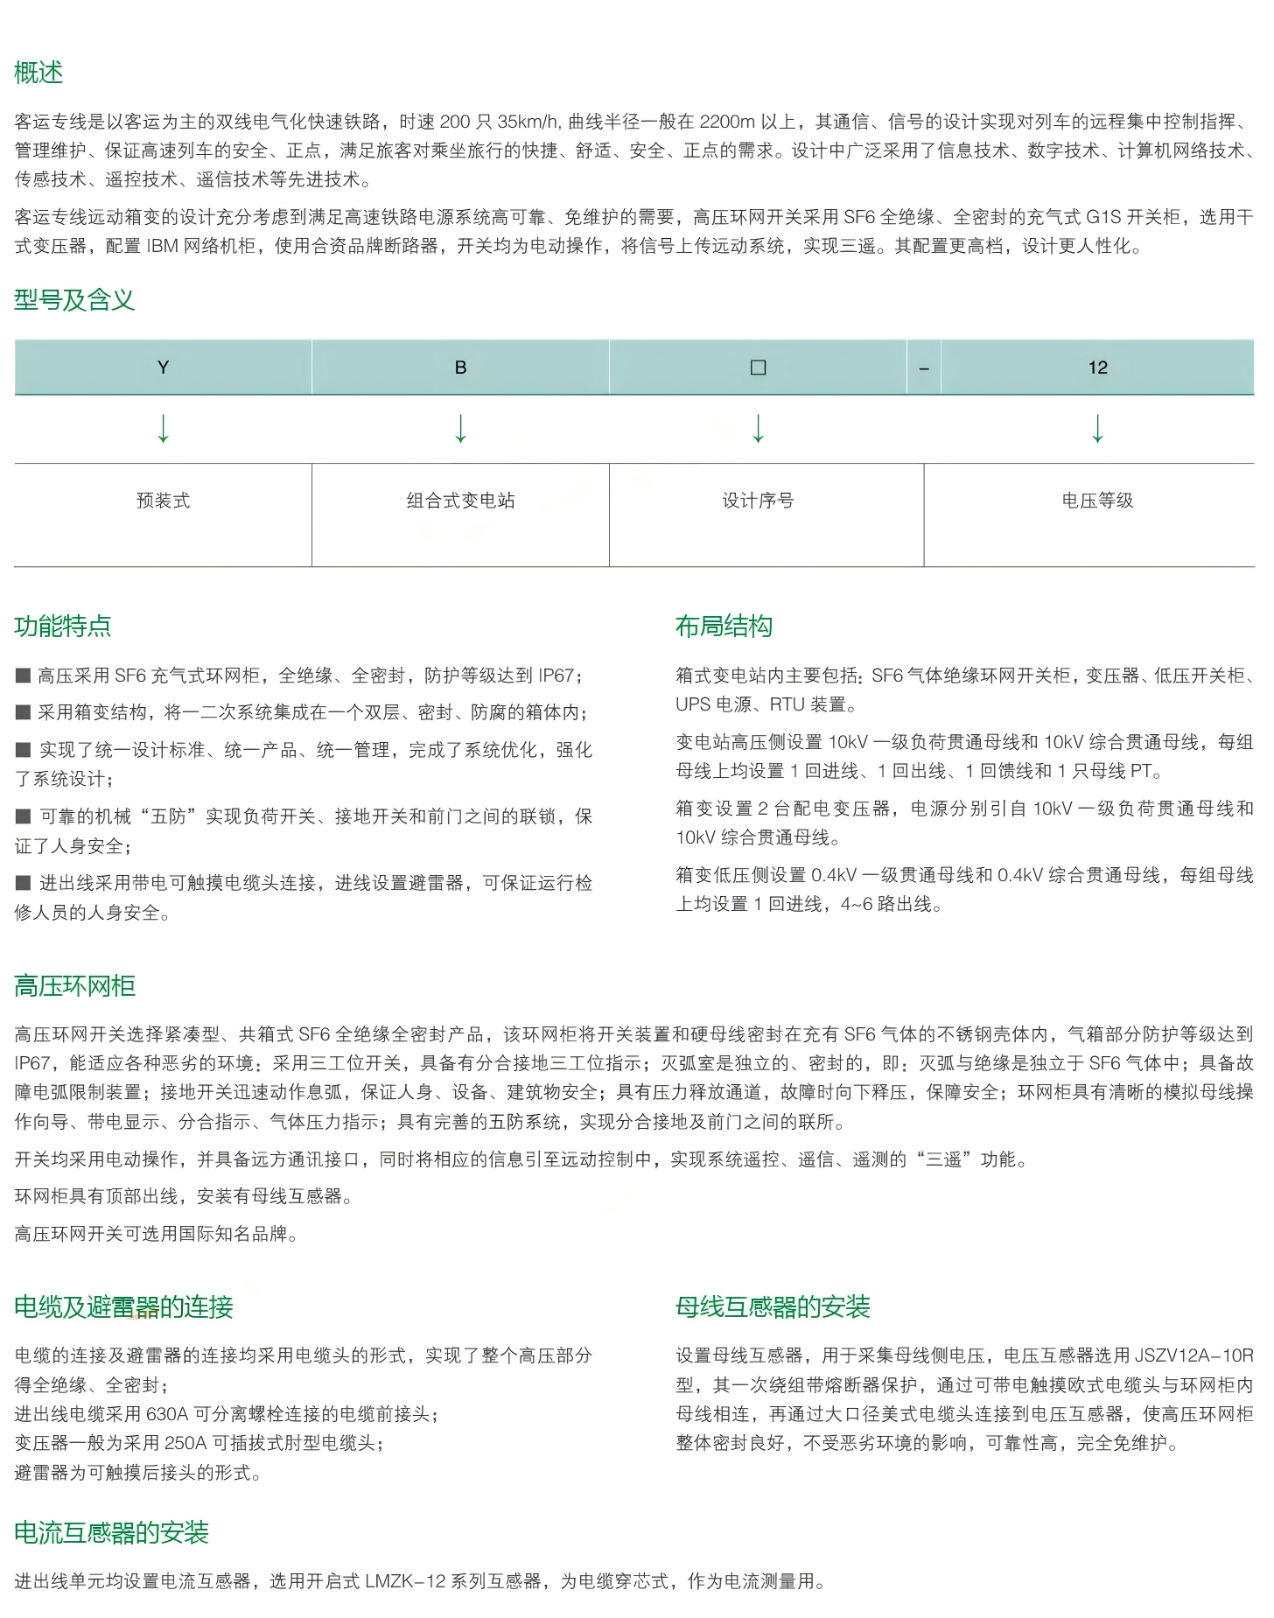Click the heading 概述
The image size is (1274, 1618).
(38, 73)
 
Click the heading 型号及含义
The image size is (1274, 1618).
(74, 300)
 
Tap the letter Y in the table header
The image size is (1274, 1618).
(163, 368)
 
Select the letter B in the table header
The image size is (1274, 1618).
(460, 368)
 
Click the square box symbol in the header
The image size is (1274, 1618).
(758, 368)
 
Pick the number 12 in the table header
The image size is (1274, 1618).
(1097, 368)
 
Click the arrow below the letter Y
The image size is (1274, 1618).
(163, 429)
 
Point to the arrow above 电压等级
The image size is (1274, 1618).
(1097, 429)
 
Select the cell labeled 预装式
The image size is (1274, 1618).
(163, 501)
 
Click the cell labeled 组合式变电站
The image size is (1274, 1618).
(460, 501)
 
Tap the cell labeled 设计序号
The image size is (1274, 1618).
(758, 501)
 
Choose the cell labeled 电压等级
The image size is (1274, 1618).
(1097, 501)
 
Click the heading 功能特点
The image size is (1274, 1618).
(63, 627)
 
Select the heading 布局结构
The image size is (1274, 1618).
(724, 627)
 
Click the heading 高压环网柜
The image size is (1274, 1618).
(74, 987)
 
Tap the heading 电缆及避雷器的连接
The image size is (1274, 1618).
(123, 1307)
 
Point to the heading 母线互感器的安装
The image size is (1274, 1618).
(773, 1307)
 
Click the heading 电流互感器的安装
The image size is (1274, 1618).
(111, 1533)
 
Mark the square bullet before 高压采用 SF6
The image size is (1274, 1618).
(23, 676)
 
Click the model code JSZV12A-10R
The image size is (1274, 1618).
(1193, 1355)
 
